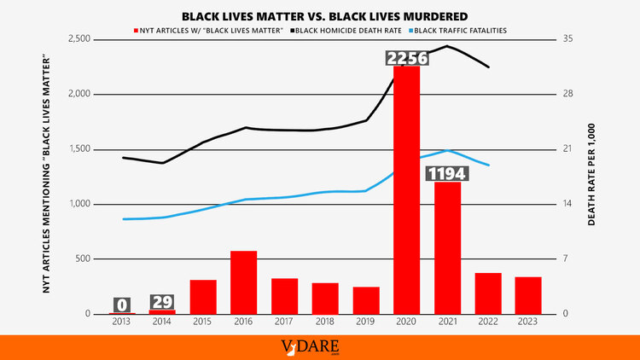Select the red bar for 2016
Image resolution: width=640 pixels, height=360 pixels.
(243, 282)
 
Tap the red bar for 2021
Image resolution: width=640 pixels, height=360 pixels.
(446, 247)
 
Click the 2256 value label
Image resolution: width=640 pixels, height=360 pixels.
(406, 58)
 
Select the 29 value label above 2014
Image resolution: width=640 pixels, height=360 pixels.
(162, 303)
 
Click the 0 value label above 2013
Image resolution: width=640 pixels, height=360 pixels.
(122, 305)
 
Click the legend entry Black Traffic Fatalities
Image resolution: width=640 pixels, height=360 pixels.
(461, 30)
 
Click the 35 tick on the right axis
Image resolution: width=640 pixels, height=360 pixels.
(569, 39)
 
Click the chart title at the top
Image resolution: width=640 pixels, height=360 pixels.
(320, 15)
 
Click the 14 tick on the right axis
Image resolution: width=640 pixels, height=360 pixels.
(569, 204)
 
